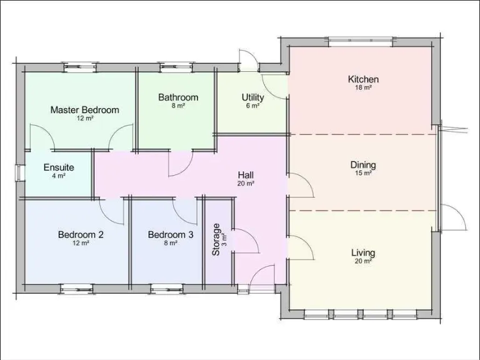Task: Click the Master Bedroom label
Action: [x=84, y=110]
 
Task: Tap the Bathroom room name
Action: [x=178, y=97]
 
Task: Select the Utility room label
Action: [x=252, y=97]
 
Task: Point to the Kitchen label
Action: [x=363, y=79]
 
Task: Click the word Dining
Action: [x=363, y=165]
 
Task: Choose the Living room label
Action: [x=363, y=253]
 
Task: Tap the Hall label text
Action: [x=246, y=175]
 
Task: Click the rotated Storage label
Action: [x=216, y=240]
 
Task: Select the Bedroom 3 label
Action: [x=171, y=235]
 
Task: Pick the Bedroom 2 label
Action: [x=81, y=235]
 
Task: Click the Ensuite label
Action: [x=59, y=167]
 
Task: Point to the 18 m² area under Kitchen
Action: [x=363, y=88]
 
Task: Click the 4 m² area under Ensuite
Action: [x=59, y=176]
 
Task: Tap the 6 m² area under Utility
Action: [x=252, y=106]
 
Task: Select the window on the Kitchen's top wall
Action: [x=361, y=41]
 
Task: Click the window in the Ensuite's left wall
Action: [x=19, y=172]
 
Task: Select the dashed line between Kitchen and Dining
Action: [x=362, y=134]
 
